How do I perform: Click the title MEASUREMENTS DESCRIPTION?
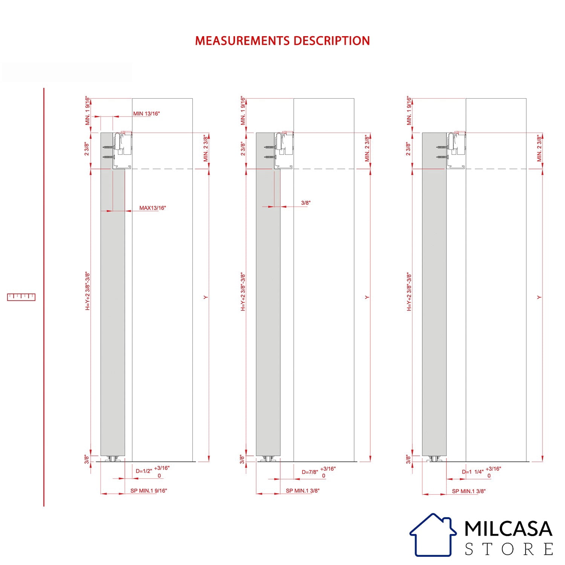(x=282, y=41)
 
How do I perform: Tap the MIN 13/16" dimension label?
(x=147, y=113)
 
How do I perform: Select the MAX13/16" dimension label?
(x=153, y=208)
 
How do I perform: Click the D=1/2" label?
(x=144, y=471)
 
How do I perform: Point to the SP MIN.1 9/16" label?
(x=149, y=491)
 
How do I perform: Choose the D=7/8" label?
(x=310, y=472)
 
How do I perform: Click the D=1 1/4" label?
(x=473, y=472)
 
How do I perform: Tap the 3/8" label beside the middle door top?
(x=306, y=203)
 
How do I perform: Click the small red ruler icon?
(x=21, y=297)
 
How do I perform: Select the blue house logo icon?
(x=433, y=535)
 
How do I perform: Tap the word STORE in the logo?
(x=509, y=549)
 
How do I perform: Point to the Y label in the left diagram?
(x=206, y=298)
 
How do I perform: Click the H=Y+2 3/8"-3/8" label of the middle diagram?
(x=243, y=292)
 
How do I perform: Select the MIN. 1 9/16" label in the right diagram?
(x=409, y=111)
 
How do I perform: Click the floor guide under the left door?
(x=113, y=459)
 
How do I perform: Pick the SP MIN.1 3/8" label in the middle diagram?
(x=302, y=491)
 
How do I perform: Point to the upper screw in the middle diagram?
(x=270, y=147)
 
